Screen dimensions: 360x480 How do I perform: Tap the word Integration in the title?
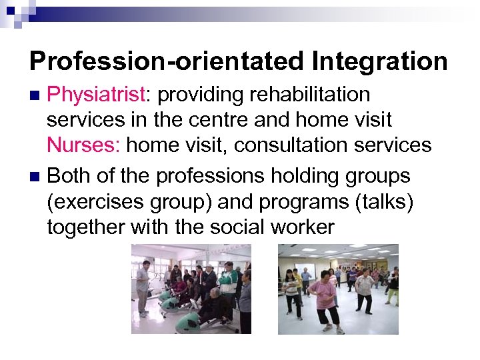click(x=379, y=61)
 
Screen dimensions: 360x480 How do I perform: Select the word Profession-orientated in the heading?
click(x=166, y=61)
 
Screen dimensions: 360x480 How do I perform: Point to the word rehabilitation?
click(x=309, y=95)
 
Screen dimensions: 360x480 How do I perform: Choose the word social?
click(x=237, y=227)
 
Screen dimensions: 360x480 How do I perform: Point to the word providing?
click(x=198, y=95)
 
